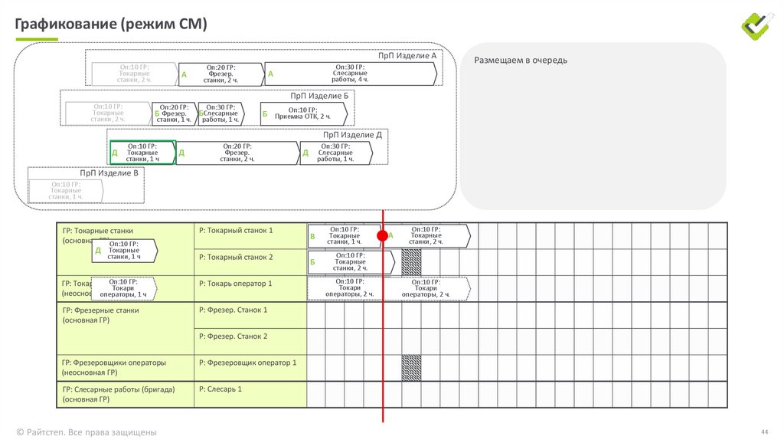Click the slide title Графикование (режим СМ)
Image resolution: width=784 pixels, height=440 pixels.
[x=111, y=25]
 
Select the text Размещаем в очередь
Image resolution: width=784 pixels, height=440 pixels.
[x=521, y=60]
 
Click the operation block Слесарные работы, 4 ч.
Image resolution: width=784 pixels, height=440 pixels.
[x=350, y=73]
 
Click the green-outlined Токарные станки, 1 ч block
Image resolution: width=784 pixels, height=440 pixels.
[x=142, y=153]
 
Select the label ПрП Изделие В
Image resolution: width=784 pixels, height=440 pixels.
[x=109, y=174]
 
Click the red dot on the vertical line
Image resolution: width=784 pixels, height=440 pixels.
[x=382, y=235]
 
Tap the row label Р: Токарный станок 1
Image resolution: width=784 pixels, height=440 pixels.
[x=236, y=230]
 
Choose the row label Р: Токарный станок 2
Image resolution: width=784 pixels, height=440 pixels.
[x=236, y=257]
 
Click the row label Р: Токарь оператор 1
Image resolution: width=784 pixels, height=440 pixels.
[x=236, y=284]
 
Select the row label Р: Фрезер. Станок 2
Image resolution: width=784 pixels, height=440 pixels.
[x=234, y=337]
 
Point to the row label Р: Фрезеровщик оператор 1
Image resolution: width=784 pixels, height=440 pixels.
[x=247, y=363]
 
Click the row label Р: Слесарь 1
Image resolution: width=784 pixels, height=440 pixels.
[x=220, y=389]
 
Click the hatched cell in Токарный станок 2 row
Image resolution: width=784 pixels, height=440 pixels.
[x=411, y=262]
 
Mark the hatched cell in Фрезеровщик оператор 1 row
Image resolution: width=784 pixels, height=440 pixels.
[x=411, y=368]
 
